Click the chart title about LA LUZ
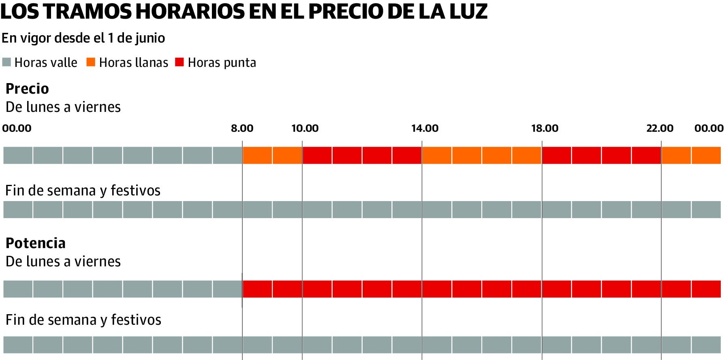coord(243,11)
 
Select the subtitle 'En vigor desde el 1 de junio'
coord(83,38)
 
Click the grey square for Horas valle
coord(6,62)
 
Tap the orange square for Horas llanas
coord(91,62)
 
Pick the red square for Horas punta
coord(179,62)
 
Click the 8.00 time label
coord(242,129)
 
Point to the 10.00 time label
coord(305,129)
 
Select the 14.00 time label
coord(425,129)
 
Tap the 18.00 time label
coord(545,129)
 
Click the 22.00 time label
coord(660,129)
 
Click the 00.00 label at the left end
coord(17,129)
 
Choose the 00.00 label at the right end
coord(709,129)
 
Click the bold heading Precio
coord(27,89)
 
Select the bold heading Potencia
coord(36,243)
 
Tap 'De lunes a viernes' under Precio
coord(63,107)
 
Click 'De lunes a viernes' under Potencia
coord(63,261)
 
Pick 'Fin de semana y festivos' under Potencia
coord(83,320)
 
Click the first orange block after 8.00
coord(257,155)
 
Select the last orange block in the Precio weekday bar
coord(706,155)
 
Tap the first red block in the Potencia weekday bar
coord(257,289)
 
